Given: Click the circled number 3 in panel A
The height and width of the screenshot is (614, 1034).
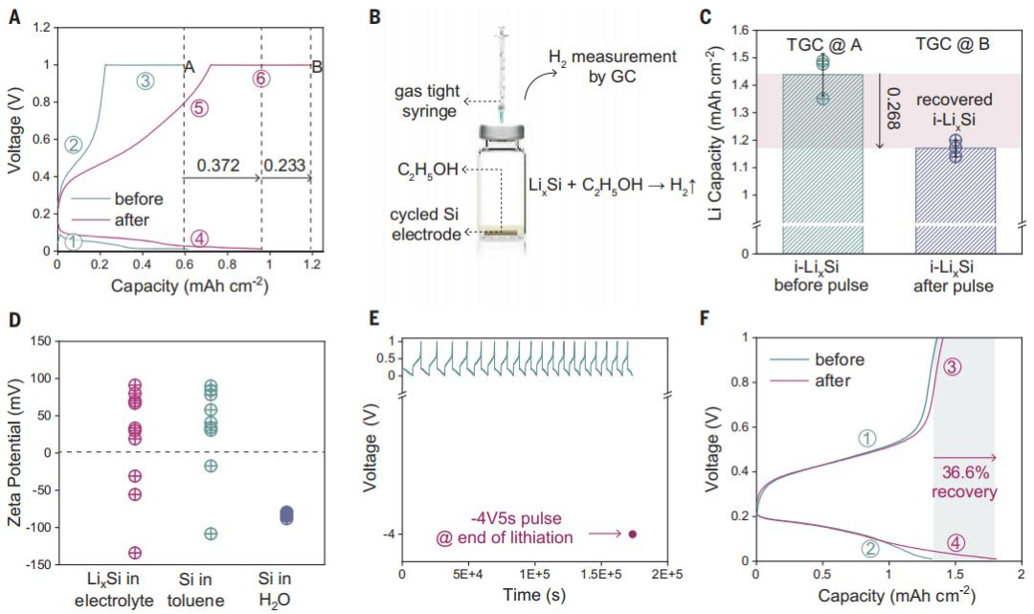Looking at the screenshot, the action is (146, 81).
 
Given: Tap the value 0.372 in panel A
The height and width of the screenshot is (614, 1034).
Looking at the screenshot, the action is (218, 165).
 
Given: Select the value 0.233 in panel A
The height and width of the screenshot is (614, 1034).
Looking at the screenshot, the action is (285, 165).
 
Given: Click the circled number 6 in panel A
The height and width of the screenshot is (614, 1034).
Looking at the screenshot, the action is (261, 79).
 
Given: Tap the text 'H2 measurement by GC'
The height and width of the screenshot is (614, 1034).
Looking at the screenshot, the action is (613, 66).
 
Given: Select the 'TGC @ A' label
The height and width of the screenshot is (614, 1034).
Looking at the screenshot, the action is (823, 45).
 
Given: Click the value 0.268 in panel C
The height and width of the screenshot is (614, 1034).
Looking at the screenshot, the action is (892, 109).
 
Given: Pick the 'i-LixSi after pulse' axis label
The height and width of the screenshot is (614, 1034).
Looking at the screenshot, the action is (953, 277).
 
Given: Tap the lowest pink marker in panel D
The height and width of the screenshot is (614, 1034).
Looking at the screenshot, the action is (135, 553).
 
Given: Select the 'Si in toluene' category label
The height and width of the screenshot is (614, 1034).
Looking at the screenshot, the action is (195, 590).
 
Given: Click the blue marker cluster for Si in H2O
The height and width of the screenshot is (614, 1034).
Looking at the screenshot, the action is (286, 515).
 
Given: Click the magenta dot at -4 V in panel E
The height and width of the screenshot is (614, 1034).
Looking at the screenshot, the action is (633, 534).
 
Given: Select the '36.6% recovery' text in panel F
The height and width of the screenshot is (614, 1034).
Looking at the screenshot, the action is (964, 482).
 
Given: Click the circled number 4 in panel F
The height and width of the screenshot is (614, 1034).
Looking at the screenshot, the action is (955, 543).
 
